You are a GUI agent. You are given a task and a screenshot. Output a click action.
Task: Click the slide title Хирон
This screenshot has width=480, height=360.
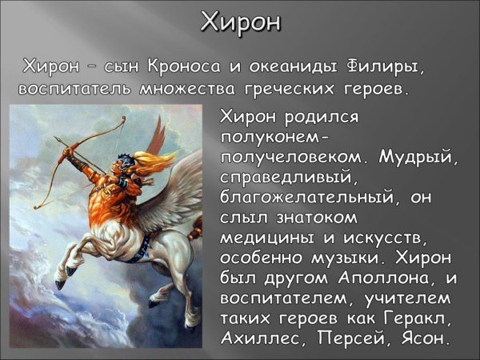pyautogui.click(x=240, y=22)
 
